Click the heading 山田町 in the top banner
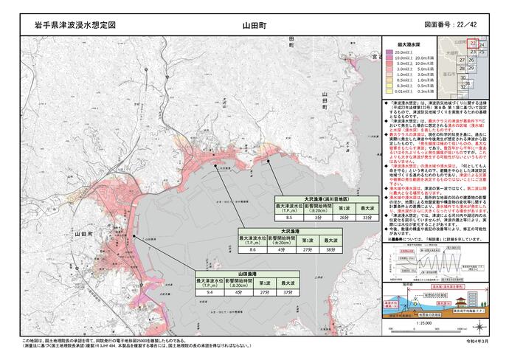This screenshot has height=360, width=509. (254, 25)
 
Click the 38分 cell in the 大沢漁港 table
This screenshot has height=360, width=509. (334, 250)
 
